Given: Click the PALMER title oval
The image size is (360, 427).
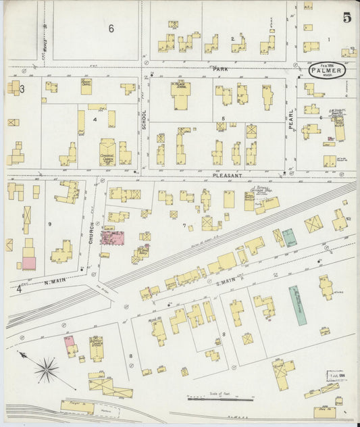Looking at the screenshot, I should tap(328, 69).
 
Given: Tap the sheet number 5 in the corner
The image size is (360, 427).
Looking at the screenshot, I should tap(346, 18).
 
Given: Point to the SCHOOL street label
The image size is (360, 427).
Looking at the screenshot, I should tap(144, 120).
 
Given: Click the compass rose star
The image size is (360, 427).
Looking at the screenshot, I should tap(46, 369).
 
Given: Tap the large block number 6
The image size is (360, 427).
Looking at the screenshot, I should tap(111, 28).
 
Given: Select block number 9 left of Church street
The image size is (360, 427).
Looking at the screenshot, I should tap(49, 224).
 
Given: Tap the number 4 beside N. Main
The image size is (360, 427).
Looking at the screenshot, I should tap(18, 289).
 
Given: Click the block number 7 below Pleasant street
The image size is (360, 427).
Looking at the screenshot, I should tap(184, 226).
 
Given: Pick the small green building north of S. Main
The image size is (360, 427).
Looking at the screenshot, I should tap(289, 237).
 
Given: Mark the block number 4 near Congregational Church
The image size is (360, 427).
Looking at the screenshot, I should tap(96, 120).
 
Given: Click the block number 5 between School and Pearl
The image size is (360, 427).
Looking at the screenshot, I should tap(223, 118).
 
